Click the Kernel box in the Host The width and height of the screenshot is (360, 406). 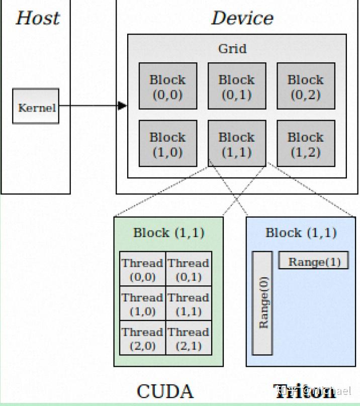click(36, 107)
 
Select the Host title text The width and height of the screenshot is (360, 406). click(37, 18)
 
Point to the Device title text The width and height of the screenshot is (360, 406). click(242, 18)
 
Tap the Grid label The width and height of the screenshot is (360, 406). click(232, 49)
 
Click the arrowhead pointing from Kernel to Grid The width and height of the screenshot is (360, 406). click(122, 106)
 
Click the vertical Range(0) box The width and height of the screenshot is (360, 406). click(262, 302)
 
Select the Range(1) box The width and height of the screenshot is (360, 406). click(314, 261)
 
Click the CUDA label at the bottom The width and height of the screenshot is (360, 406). click(165, 391)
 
